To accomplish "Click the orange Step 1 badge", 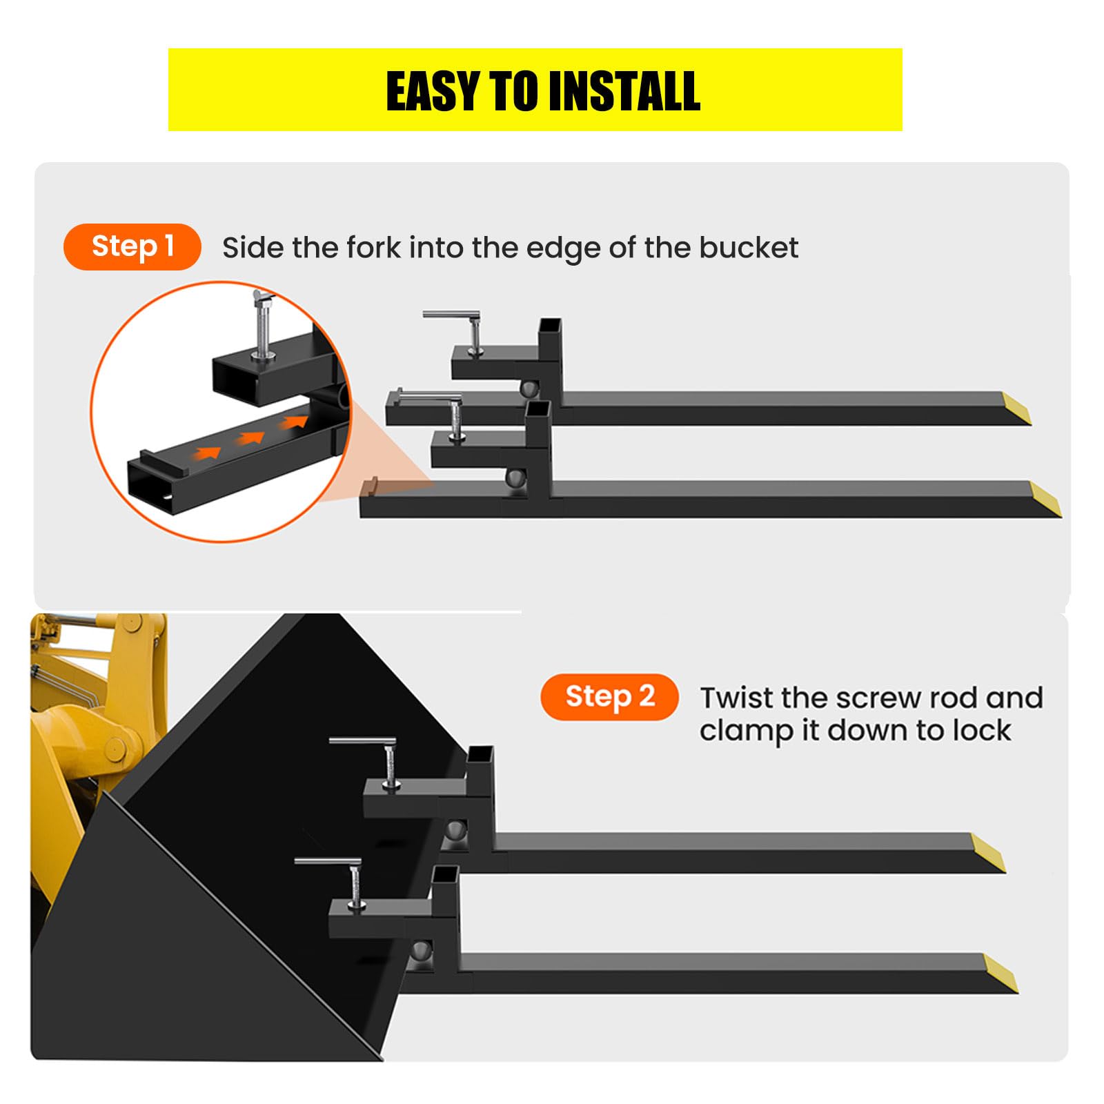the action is coord(132,246).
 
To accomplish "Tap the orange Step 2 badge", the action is coord(609,697).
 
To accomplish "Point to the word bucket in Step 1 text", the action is coord(749,247).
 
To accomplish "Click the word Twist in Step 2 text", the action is coord(736,698).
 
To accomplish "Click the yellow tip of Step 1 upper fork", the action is coord(1016,408).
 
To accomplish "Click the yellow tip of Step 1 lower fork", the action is coord(1046,499).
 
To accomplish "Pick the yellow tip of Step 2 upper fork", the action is coord(988,853).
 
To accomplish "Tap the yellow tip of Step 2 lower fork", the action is coord(1000,974).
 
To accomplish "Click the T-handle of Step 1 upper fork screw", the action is coord(451,315).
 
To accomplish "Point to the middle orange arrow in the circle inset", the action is coord(250,437).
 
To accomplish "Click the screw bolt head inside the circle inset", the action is coord(264,297).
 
